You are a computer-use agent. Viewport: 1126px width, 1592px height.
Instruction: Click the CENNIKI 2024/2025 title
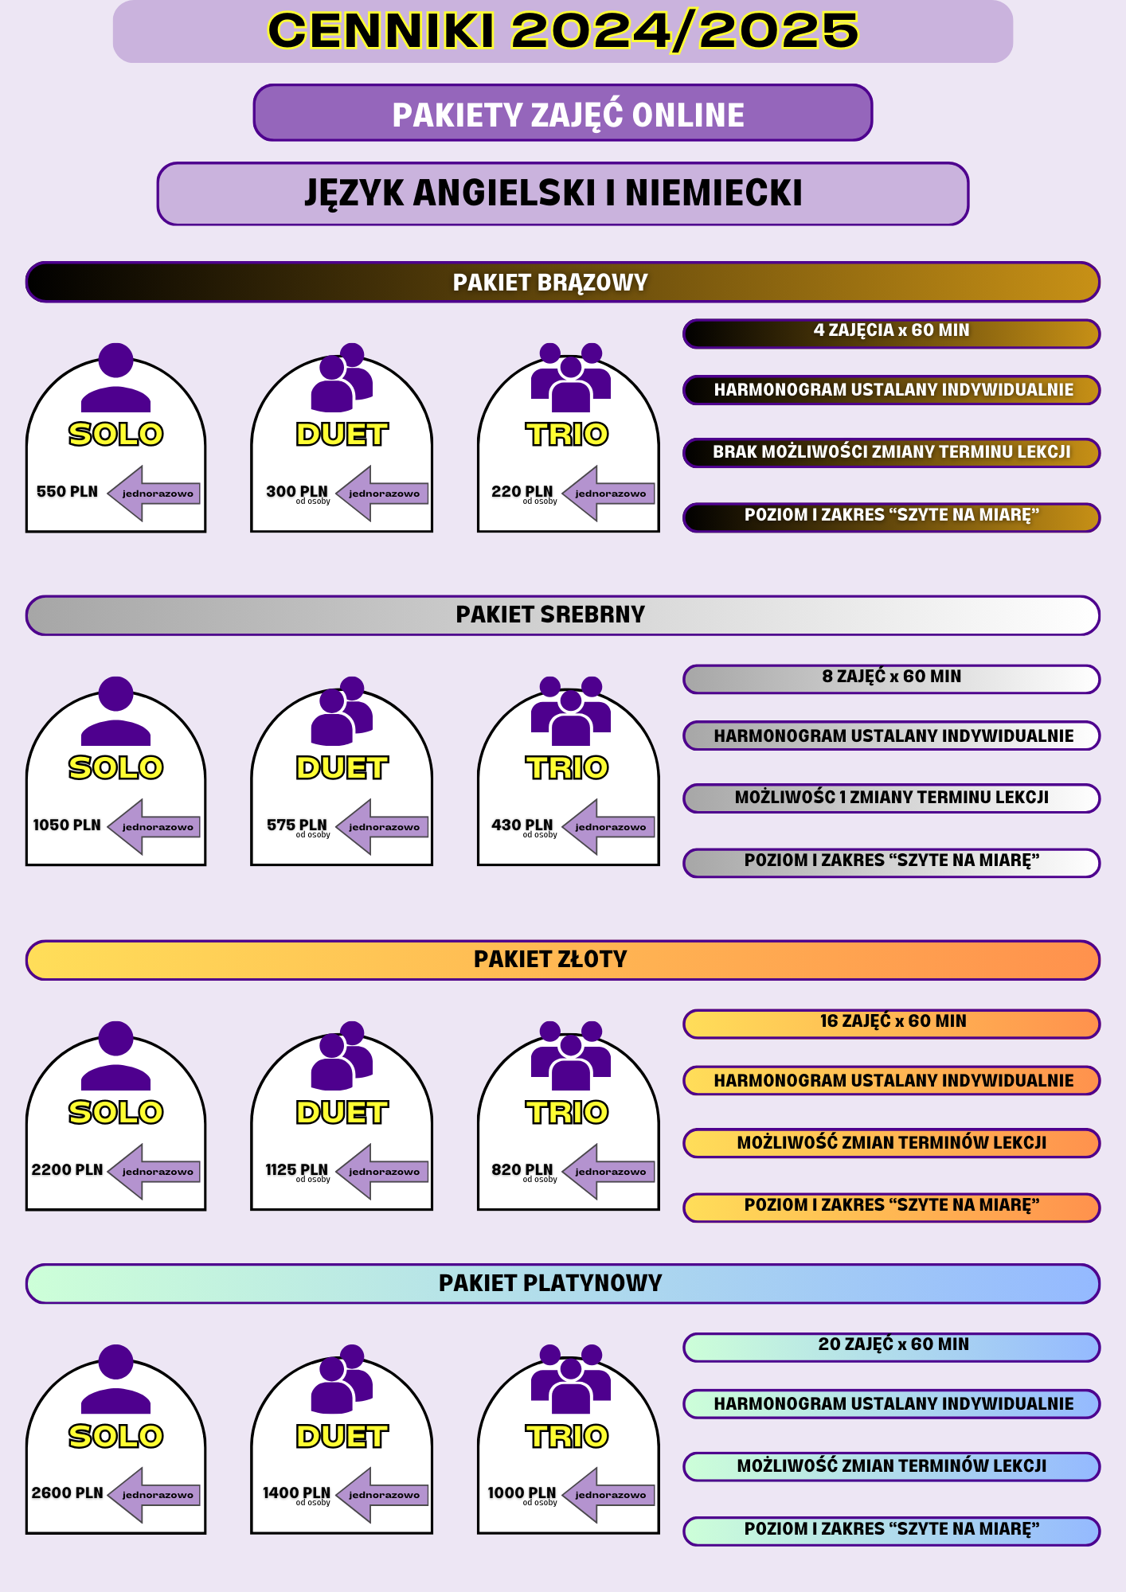(x=563, y=31)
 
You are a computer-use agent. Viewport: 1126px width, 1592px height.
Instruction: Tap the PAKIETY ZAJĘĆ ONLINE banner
(x=563, y=113)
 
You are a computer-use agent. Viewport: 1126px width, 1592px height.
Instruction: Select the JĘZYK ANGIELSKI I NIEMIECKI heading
(x=563, y=194)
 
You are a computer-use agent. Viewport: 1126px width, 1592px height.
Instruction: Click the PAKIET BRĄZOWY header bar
(x=563, y=283)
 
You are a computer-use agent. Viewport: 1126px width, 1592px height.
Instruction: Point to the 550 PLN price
(x=67, y=492)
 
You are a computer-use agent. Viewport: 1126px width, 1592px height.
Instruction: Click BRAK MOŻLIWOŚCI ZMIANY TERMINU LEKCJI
(x=892, y=453)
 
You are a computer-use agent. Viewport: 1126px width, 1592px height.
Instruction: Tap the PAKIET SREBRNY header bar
(x=563, y=615)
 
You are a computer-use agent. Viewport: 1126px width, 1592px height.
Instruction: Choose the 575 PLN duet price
(x=297, y=825)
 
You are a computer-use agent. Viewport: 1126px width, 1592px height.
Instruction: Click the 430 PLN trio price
(x=522, y=825)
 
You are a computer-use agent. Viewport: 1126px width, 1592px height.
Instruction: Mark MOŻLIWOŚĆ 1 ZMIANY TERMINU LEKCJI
(x=892, y=798)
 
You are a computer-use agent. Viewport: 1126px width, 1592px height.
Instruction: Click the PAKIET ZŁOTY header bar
(x=563, y=960)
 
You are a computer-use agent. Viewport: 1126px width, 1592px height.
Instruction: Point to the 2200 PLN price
(x=67, y=1169)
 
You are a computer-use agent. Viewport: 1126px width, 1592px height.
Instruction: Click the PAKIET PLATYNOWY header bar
(x=563, y=1283)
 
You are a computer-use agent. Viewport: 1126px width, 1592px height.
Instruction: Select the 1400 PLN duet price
(x=296, y=1492)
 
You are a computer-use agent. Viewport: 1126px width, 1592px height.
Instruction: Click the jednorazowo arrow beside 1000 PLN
(x=608, y=1495)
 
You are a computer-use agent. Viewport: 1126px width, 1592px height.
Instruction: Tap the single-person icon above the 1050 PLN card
(x=116, y=711)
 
